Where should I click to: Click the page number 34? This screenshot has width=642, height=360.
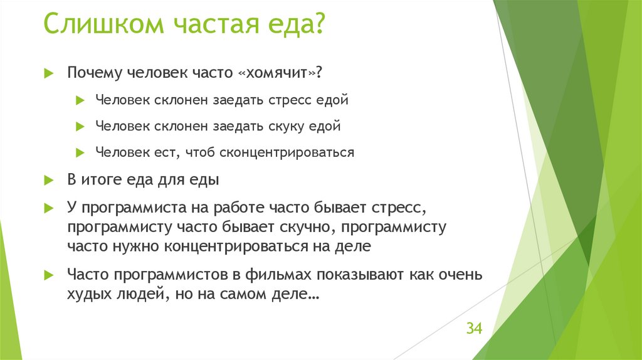point(473,329)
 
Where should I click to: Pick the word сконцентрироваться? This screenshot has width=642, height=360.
point(288,152)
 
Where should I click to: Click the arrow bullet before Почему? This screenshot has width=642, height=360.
point(48,73)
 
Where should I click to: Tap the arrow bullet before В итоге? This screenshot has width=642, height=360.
point(48,180)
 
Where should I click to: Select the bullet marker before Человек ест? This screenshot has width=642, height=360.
point(79,152)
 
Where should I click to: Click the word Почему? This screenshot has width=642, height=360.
point(94,73)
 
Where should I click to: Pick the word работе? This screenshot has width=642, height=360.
point(237,207)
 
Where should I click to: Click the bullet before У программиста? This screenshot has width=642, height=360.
point(48,207)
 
